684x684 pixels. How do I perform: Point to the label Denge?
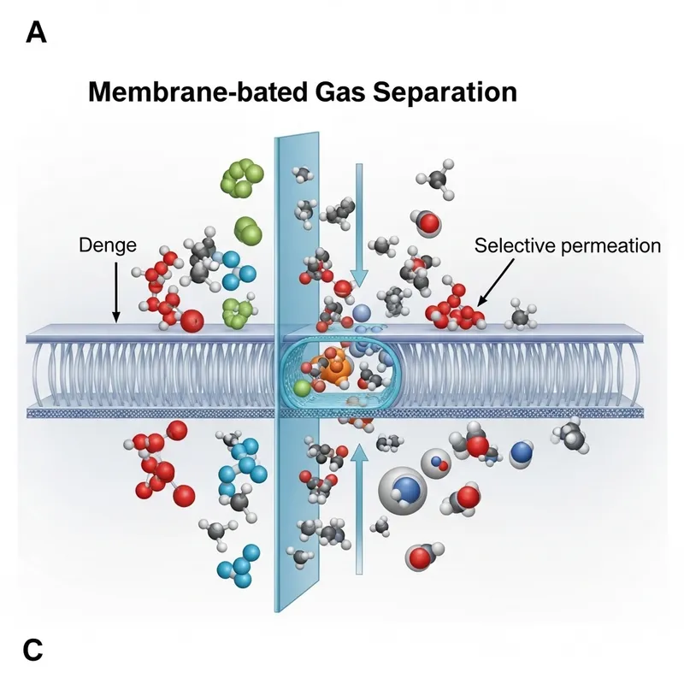click(108, 245)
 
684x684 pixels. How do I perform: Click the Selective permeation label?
click(568, 245)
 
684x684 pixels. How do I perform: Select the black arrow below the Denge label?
click(115, 291)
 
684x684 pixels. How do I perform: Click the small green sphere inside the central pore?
click(302, 388)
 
